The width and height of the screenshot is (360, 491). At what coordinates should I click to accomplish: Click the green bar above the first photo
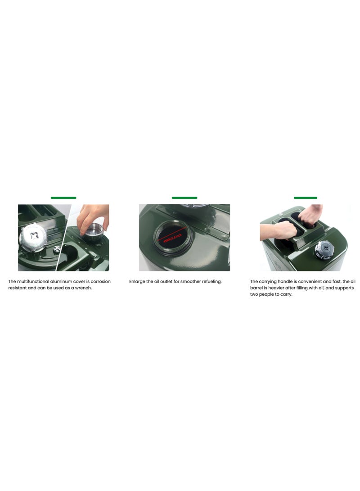coord(63,198)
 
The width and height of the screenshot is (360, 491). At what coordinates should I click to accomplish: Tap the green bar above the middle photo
coord(184,198)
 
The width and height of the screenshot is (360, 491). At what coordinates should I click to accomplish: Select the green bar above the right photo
coord(306,198)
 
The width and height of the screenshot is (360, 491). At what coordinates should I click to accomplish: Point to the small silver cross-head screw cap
coord(57,249)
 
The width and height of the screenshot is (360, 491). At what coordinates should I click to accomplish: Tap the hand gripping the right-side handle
coord(310,215)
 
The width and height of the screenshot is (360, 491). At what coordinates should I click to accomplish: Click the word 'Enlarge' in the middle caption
coord(138,282)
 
